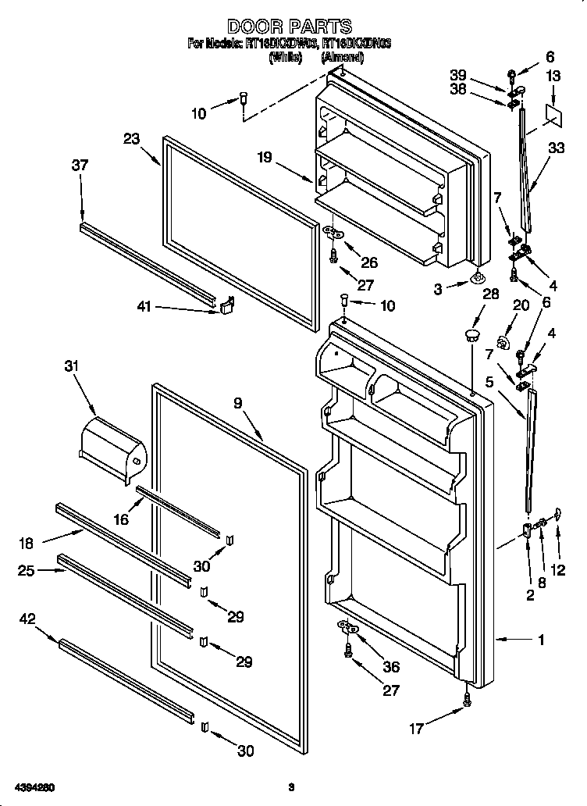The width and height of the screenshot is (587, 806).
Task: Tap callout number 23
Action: (x=131, y=138)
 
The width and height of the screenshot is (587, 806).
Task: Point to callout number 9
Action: (x=237, y=403)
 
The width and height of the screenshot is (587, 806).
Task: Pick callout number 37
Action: (x=80, y=165)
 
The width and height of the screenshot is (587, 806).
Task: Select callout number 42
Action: (x=27, y=619)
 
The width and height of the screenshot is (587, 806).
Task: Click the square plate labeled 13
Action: (x=555, y=112)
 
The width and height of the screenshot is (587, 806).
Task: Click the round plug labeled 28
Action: (x=471, y=335)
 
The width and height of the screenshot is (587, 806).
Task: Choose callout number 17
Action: (x=417, y=729)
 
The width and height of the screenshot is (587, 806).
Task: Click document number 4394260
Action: (x=32, y=786)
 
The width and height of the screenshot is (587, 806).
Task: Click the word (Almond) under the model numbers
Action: (x=342, y=58)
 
